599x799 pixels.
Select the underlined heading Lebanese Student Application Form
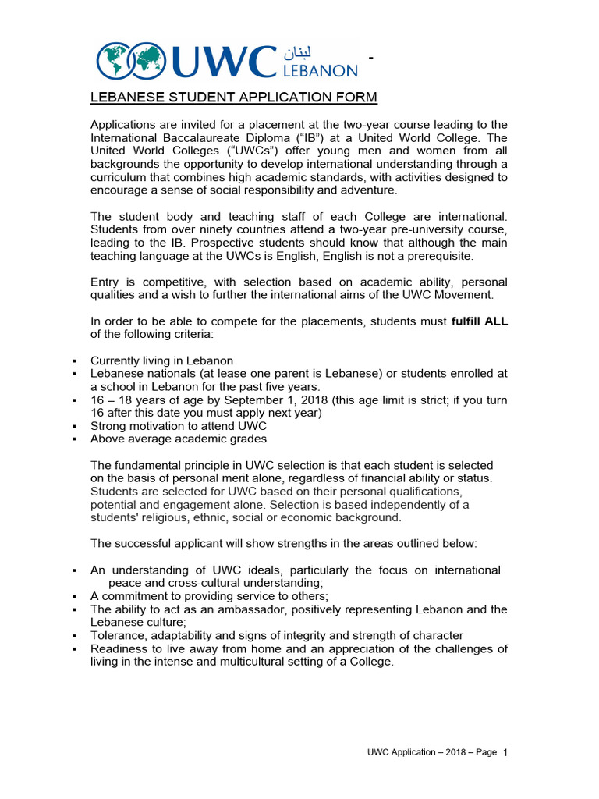click(x=223, y=98)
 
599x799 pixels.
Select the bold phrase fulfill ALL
click(x=479, y=321)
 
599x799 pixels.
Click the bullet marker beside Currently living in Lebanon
click(x=73, y=361)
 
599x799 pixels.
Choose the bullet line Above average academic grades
click(x=179, y=439)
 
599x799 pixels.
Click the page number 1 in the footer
click(x=505, y=753)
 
